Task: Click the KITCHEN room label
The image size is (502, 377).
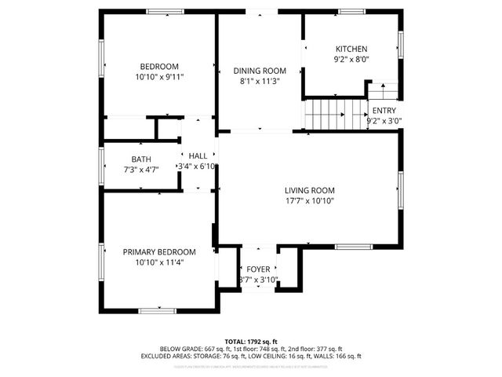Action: (x=351, y=49)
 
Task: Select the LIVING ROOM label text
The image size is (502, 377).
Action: (x=309, y=190)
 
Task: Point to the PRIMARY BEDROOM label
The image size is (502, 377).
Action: (x=159, y=251)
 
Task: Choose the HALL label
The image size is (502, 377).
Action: (x=198, y=156)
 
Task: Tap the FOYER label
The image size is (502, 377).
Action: (x=258, y=269)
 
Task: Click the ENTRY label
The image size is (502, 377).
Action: (x=384, y=111)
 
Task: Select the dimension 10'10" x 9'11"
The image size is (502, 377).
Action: (x=159, y=77)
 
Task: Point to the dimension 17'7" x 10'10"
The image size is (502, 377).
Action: (x=309, y=201)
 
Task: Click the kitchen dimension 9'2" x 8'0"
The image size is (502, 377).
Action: (x=351, y=59)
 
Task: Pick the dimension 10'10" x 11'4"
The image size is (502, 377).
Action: (x=159, y=262)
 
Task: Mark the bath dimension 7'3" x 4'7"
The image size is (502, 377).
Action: (x=141, y=170)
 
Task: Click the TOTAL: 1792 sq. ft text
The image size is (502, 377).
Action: (x=250, y=342)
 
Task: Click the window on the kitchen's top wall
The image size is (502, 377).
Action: (x=351, y=12)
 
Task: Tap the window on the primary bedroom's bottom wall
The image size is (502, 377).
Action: (x=157, y=311)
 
